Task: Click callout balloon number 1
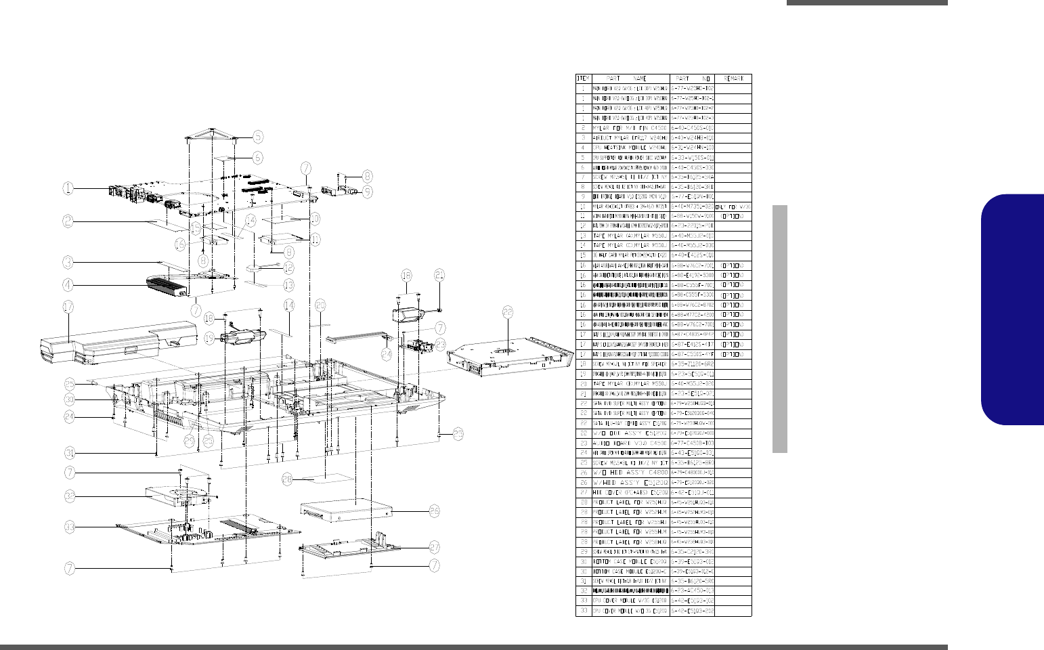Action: pos(68,189)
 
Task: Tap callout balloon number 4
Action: pos(68,284)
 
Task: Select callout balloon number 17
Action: pos(68,307)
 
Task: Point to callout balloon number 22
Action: pos(508,312)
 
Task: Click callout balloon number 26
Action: pos(435,511)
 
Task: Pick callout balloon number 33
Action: pos(69,526)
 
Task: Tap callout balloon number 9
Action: pos(367,192)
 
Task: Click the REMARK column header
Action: pos(733,79)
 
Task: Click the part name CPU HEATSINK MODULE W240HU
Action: pos(630,148)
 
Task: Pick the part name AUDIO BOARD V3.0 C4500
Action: pos(630,443)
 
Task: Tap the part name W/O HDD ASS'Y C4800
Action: pos(630,472)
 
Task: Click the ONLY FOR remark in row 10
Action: pos(733,207)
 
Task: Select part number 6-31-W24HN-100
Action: pos(692,148)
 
